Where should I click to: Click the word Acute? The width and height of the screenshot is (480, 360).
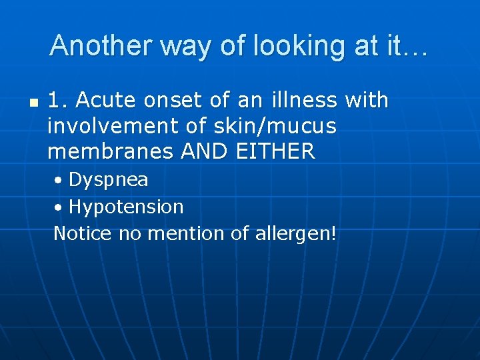(x=101, y=101)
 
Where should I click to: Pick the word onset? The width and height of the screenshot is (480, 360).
(x=161, y=101)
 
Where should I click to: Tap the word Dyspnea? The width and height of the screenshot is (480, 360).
(x=109, y=180)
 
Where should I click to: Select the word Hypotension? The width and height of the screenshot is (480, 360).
(x=126, y=207)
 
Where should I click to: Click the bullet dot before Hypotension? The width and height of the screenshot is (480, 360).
(x=59, y=207)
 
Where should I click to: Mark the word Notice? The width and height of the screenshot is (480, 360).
(x=83, y=233)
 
